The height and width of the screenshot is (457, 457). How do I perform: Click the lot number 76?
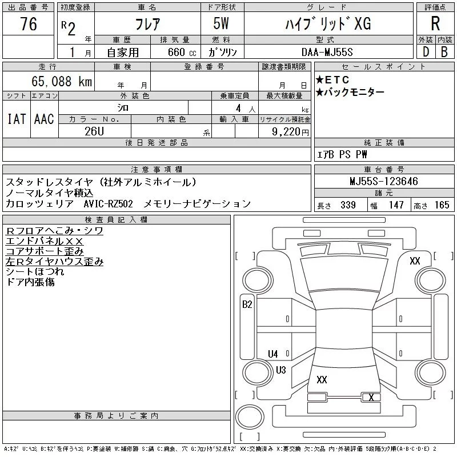coord(28,25)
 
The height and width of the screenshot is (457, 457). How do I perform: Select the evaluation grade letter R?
coord(435,24)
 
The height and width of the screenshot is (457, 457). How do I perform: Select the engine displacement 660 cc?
coord(180,51)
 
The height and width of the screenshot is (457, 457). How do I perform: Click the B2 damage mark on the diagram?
coord(247,304)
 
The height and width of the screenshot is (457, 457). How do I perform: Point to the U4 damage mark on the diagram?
coord(273,354)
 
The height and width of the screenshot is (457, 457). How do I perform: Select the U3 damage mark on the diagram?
coord(280,370)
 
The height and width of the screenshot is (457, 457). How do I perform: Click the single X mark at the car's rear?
coord(371,397)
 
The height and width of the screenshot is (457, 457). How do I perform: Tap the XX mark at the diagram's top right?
coord(415,261)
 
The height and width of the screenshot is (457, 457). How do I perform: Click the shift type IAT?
coord(16,119)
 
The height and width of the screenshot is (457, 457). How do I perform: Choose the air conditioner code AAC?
coord(43,119)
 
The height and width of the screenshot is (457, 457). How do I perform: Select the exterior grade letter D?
coord(425,51)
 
